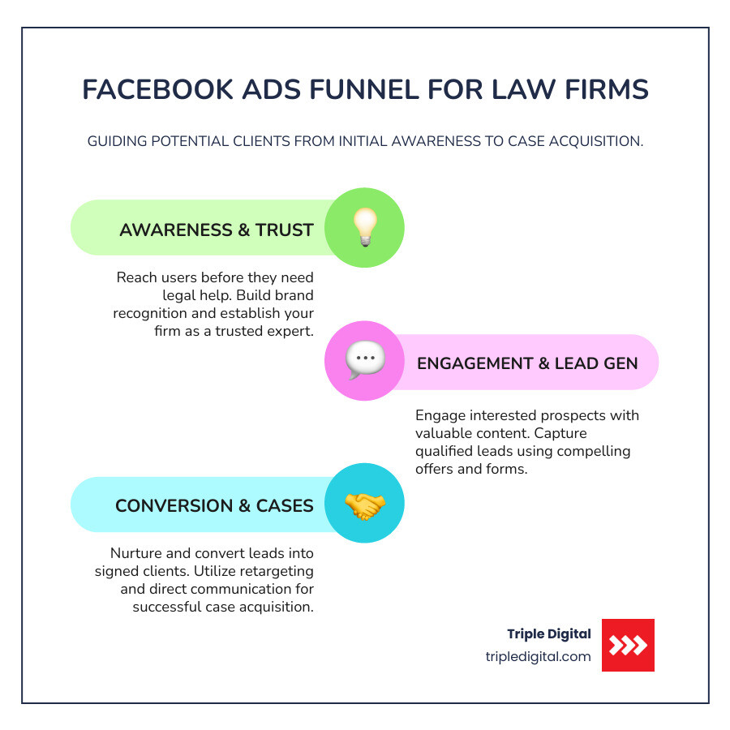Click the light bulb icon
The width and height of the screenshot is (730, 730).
point(364,228)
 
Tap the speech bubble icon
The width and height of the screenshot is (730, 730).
point(364,361)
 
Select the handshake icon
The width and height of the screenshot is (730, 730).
point(364,505)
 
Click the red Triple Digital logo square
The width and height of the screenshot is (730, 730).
point(628,645)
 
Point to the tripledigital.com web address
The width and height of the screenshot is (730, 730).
point(538,657)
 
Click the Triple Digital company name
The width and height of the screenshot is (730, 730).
point(549,634)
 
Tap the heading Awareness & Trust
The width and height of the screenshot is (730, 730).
point(216,230)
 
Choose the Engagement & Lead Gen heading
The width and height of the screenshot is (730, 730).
point(527,363)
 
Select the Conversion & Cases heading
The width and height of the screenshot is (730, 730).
point(214,506)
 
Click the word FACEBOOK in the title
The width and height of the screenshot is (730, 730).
point(155,90)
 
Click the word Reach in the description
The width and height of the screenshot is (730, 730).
point(136,278)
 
